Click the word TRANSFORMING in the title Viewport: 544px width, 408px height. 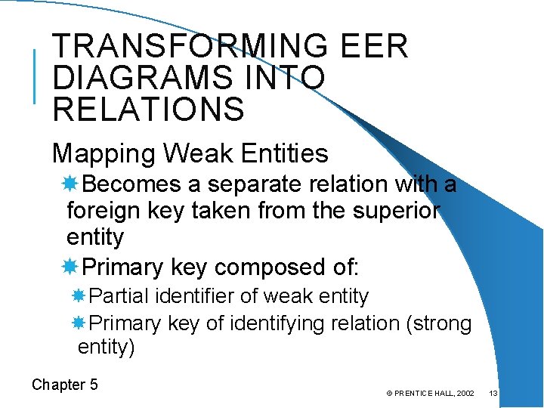[188, 47]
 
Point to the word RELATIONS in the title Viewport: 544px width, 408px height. [149, 110]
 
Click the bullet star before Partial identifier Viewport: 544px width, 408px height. [81, 296]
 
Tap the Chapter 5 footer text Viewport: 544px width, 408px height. [65, 385]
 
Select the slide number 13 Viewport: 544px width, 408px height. [493, 394]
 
